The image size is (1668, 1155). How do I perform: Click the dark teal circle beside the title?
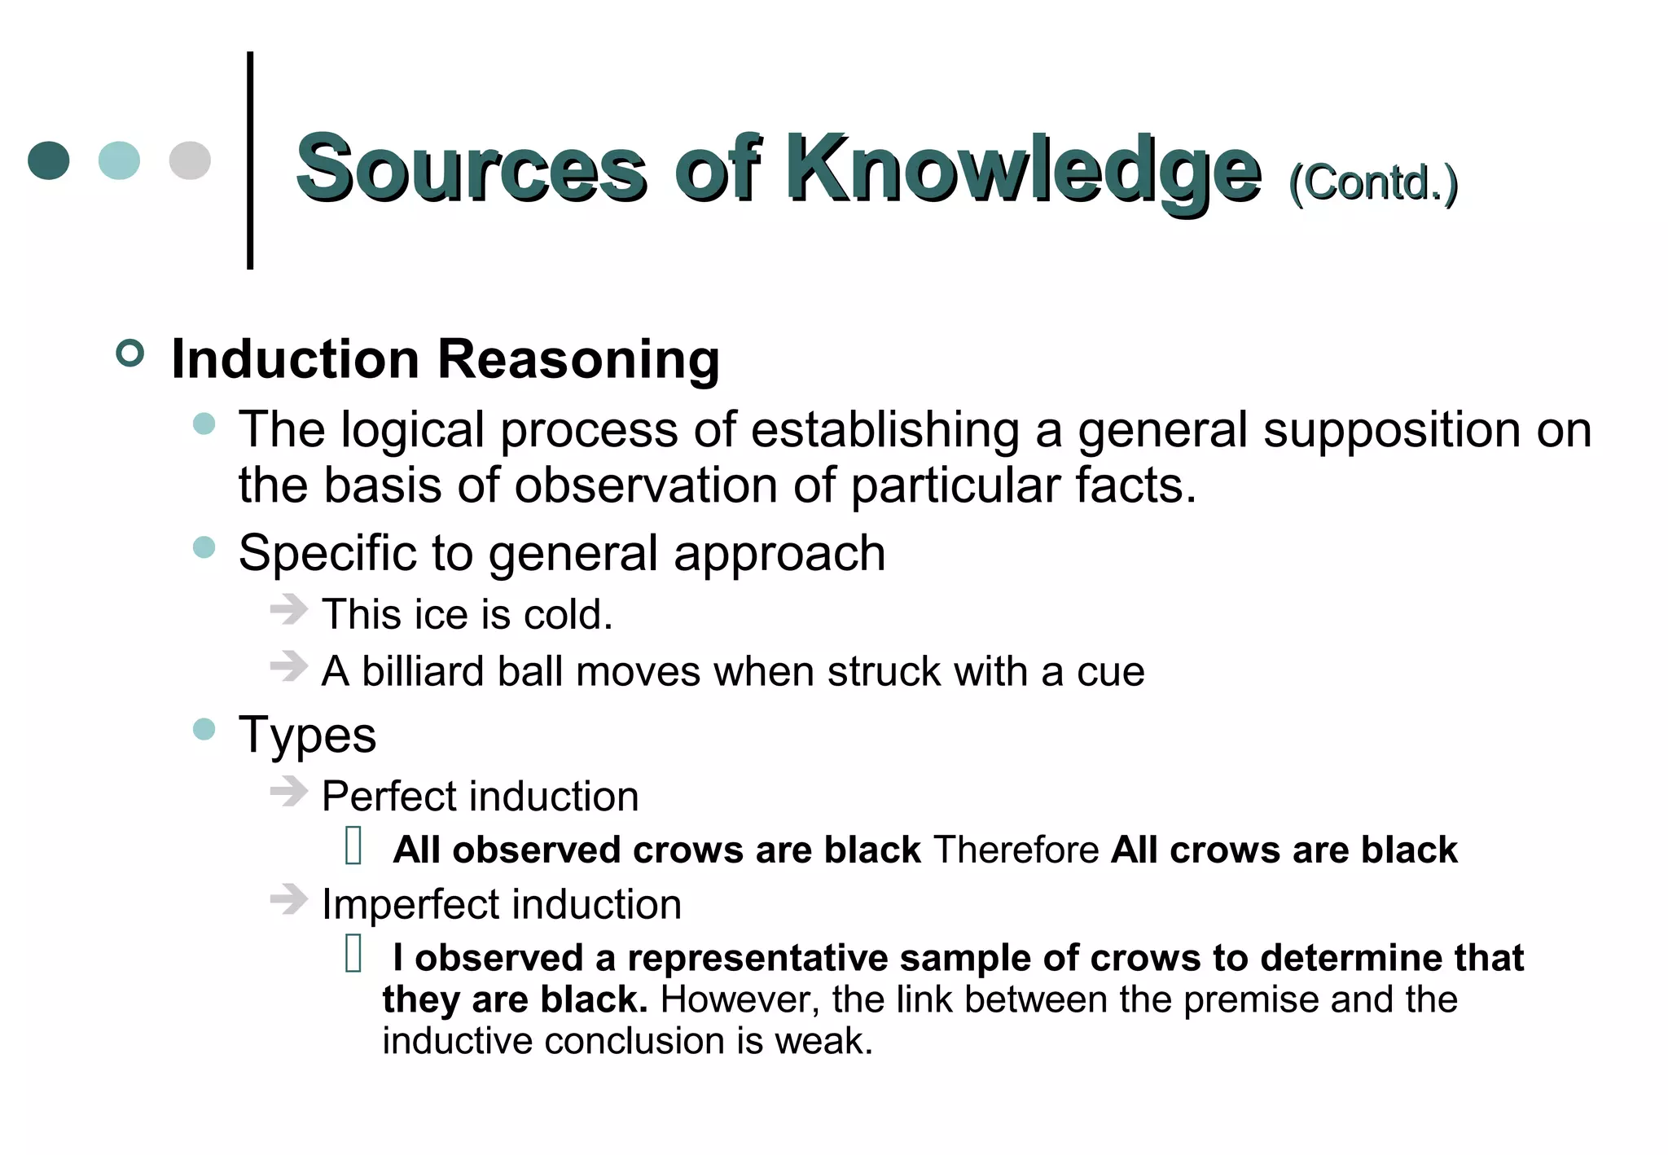click(49, 160)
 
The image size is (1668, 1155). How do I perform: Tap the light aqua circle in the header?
click(119, 160)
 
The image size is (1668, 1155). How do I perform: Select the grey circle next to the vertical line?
click(190, 160)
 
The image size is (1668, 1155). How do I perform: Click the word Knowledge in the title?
click(1023, 169)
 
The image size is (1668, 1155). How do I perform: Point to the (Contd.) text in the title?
click(1373, 182)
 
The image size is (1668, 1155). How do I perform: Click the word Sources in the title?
click(471, 169)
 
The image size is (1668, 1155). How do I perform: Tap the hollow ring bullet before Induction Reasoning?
click(130, 354)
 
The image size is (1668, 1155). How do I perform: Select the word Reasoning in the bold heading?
click(578, 358)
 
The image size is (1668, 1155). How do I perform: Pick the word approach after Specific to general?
click(779, 553)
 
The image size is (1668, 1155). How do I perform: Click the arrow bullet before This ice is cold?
click(288, 609)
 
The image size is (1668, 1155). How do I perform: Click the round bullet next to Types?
click(204, 729)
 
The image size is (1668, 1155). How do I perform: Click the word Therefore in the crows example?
click(1016, 850)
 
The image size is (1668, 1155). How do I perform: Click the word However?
click(740, 999)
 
